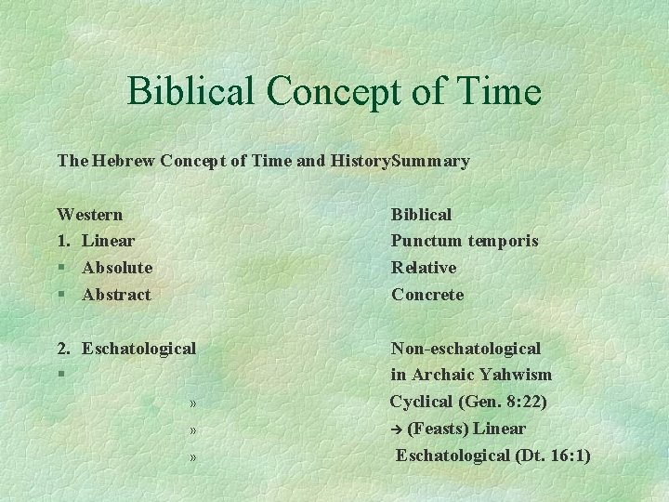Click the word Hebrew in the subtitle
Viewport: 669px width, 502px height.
(125, 161)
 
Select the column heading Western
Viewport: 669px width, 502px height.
(90, 215)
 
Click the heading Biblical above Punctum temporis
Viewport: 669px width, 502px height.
(421, 215)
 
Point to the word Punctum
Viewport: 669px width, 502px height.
(426, 241)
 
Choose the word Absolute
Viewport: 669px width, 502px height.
(117, 268)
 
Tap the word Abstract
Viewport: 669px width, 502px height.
(116, 295)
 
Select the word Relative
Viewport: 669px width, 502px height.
(424, 268)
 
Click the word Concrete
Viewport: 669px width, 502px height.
(427, 295)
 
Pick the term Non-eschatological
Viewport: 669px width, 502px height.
(466, 349)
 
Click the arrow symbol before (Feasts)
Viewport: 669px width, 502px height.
(397, 429)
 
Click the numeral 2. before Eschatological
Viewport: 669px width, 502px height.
(63, 349)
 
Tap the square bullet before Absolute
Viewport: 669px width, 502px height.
(61, 269)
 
